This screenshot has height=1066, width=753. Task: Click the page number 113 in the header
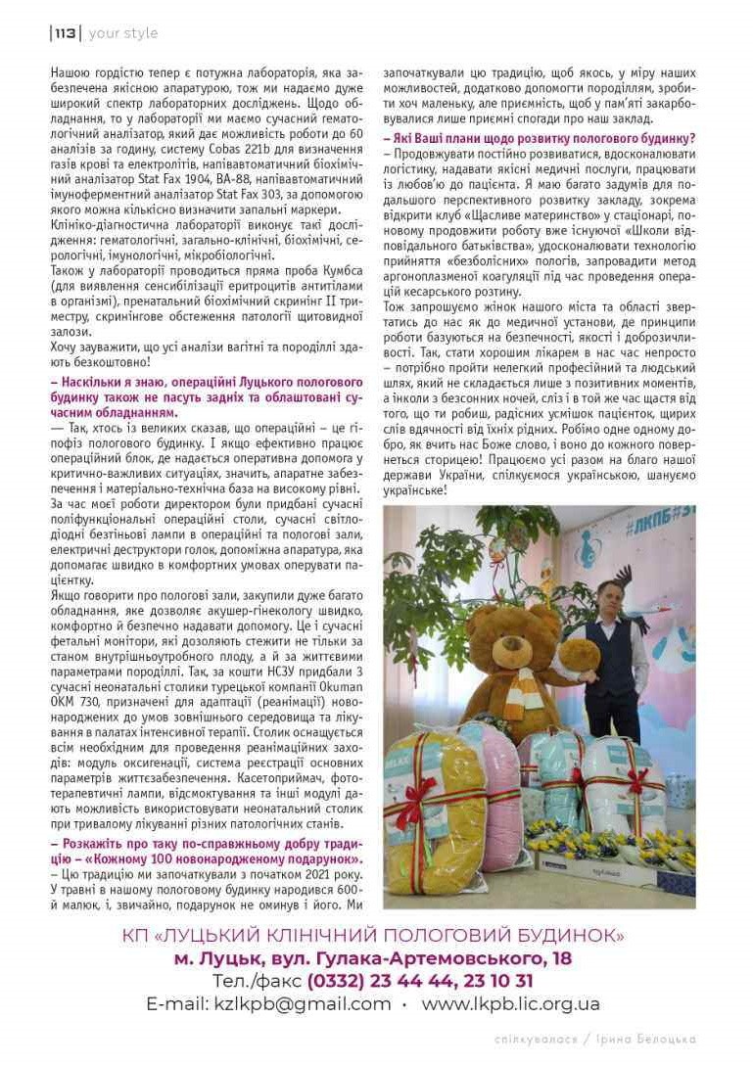[x=66, y=33]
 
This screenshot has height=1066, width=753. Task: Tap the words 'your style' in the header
[x=123, y=33]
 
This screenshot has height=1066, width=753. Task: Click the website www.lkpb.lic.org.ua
[x=511, y=1004]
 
